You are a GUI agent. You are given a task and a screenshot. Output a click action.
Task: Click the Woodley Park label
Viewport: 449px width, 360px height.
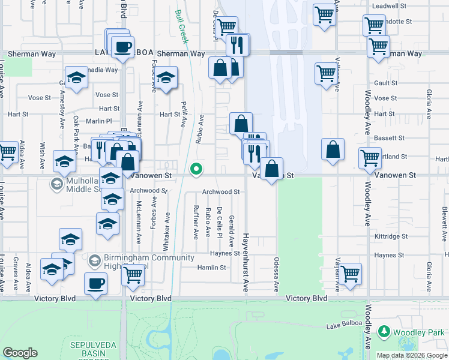click(x=418, y=332)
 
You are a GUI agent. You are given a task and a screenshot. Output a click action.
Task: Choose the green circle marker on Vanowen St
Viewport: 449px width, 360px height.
click(x=196, y=170)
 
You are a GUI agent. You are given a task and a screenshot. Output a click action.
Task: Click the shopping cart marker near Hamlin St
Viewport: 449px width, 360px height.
click(x=133, y=275)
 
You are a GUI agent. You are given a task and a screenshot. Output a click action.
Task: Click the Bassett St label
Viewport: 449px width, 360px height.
click(x=385, y=137)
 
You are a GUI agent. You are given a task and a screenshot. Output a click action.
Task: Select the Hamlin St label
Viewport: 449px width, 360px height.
click(x=211, y=268)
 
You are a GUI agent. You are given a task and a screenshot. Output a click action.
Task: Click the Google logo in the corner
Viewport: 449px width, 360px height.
click(x=20, y=353)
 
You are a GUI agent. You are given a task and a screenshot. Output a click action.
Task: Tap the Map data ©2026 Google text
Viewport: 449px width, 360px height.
click(x=412, y=355)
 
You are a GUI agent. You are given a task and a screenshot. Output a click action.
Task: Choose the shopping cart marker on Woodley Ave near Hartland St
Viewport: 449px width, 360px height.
click(x=370, y=158)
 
